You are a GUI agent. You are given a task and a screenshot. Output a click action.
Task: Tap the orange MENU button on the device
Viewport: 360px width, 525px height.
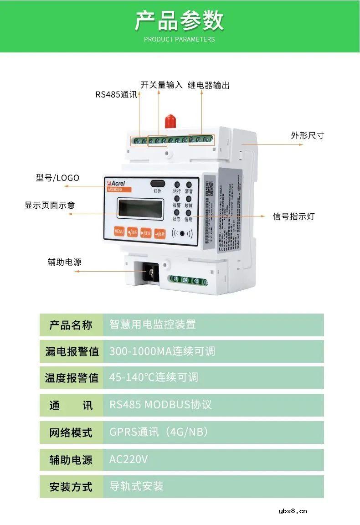(x=119, y=232)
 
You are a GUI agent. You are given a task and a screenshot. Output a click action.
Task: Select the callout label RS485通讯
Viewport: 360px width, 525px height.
(x=116, y=95)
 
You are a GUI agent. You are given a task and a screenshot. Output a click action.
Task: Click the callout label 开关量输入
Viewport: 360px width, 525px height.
(x=161, y=85)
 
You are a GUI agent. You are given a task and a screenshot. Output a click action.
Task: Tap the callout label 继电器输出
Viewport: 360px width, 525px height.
(x=209, y=85)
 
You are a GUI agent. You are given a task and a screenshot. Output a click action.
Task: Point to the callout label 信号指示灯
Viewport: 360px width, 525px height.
(x=293, y=216)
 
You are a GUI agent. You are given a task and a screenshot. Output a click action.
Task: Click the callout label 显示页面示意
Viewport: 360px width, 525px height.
(x=50, y=205)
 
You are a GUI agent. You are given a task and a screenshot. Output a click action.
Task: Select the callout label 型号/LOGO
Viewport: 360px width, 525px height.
(x=57, y=178)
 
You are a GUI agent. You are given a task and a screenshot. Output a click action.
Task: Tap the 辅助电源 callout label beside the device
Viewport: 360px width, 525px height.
(x=64, y=262)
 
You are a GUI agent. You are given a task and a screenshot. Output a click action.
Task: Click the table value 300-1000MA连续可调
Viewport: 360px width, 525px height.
(x=162, y=351)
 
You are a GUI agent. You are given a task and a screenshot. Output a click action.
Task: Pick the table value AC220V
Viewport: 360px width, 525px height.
(x=129, y=459)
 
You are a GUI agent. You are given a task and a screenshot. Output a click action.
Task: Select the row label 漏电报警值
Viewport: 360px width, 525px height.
(x=72, y=351)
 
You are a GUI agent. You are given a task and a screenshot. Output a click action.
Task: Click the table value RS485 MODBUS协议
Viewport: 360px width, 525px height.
(x=160, y=405)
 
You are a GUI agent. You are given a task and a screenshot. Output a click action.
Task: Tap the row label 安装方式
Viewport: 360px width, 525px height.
(x=71, y=487)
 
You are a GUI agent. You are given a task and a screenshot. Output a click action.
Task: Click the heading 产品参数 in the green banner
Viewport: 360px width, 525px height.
(x=180, y=21)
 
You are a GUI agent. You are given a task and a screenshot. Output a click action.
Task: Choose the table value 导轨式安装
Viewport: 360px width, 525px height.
(x=136, y=486)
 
